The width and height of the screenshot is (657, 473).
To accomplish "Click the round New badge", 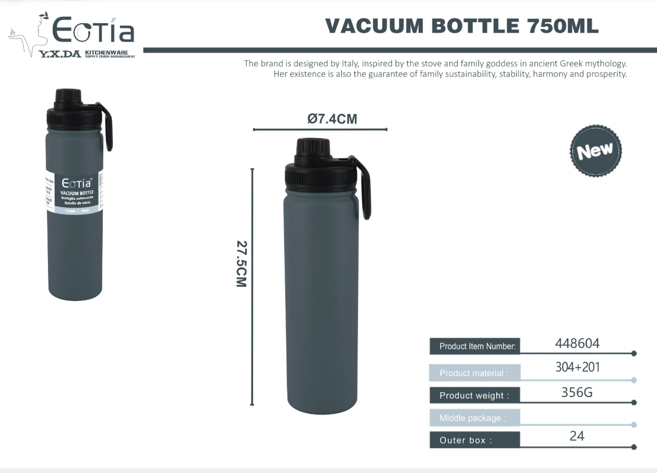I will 595,151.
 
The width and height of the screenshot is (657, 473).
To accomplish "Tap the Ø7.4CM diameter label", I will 332,119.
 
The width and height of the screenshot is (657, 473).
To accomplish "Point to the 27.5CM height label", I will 241,264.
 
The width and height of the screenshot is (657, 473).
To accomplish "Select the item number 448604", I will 577,344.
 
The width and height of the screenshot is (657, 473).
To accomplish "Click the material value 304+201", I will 577,367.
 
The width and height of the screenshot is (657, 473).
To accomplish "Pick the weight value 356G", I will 577,392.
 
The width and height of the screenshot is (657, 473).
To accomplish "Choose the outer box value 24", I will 577,436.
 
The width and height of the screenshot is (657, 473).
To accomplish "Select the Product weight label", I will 474,395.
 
